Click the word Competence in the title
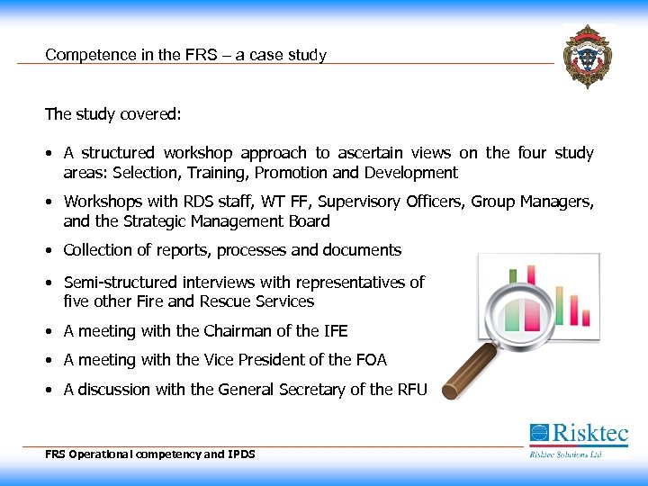click(83, 55)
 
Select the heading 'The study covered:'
click(113, 114)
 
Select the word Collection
click(101, 250)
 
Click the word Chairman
click(236, 331)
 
